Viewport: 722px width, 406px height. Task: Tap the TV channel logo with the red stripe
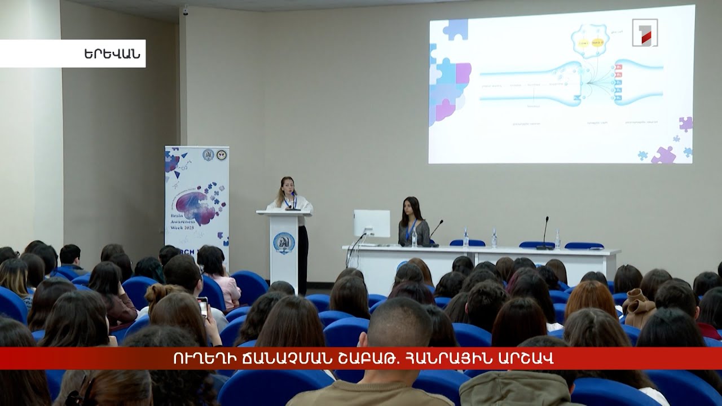(x=645, y=33)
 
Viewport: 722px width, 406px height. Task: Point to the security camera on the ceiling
(x=185, y=11)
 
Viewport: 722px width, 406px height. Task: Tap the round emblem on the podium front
(x=284, y=242)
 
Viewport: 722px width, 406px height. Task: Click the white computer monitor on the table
(x=372, y=223)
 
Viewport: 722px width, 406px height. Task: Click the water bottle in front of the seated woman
(x=414, y=239)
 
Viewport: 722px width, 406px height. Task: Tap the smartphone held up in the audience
(x=202, y=307)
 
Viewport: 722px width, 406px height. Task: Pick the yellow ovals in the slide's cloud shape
(x=589, y=42)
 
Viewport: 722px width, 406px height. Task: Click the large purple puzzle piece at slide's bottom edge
(x=664, y=155)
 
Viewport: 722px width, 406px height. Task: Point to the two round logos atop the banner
(x=215, y=155)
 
